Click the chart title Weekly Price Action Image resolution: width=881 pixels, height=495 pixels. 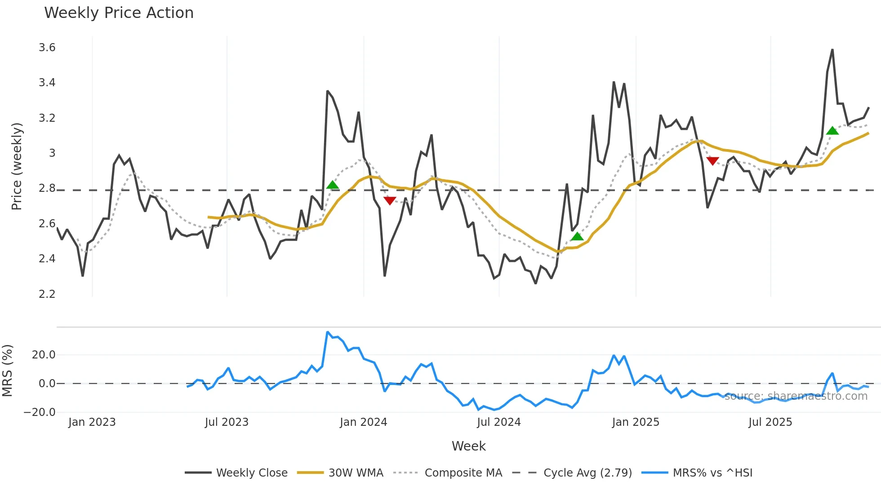pyautogui.click(x=119, y=13)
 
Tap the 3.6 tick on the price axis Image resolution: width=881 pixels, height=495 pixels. pyautogui.click(x=47, y=48)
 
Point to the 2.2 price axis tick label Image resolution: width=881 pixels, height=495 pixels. pyautogui.click(x=47, y=294)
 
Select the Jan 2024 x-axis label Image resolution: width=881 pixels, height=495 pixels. pyautogui.click(x=363, y=422)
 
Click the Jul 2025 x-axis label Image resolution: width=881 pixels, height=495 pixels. pyautogui.click(x=770, y=422)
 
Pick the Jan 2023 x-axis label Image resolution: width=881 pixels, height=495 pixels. pyautogui.click(x=92, y=422)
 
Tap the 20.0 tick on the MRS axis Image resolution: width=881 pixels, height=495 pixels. pyautogui.click(x=44, y=355)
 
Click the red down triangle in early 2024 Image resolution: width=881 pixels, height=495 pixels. pyautogui.click(x=390, y=200)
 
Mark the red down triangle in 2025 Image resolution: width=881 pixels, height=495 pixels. pyautogui.click(x=712, y=160)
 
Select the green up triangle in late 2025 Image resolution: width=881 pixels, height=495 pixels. pyautogui.click(x=832, y=131)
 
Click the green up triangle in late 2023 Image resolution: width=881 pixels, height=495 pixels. pyautogui.click(x=333, y=185)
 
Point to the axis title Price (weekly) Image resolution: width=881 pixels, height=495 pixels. pyautogui.click(x=17, y=166)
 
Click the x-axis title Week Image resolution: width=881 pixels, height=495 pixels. pyautogui.click(x=468, y=446)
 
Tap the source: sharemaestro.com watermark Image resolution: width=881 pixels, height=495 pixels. pyautogui.click(x=796, y=396)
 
